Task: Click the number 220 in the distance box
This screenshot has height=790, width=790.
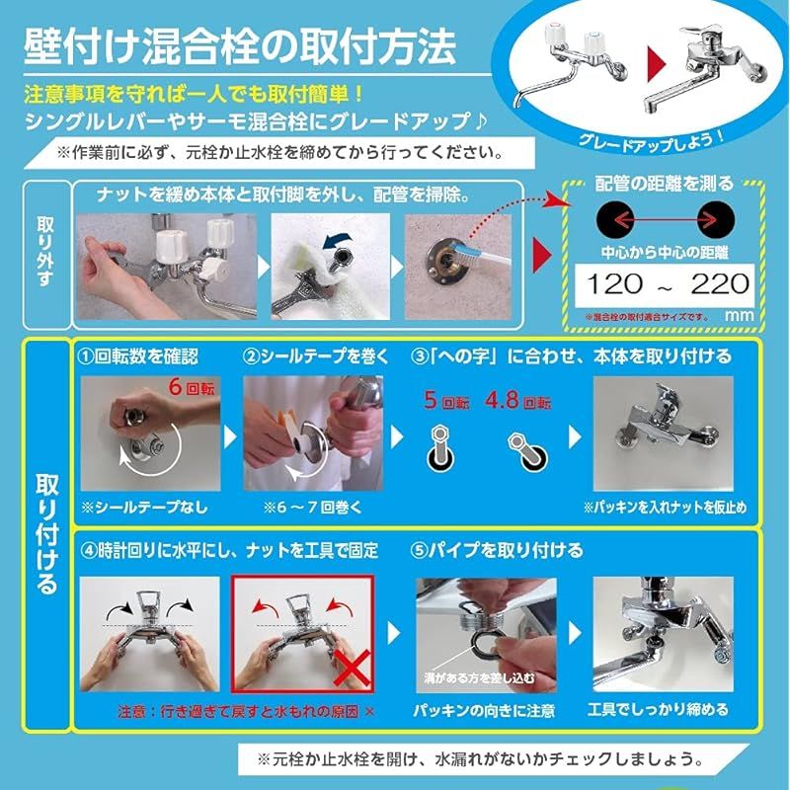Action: pyautogui.click(x=720, y=285)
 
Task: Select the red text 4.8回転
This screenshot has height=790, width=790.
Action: pyautogui.click(x=518, y=402)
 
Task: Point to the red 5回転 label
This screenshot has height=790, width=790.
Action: pyautogui.click(x=446, y=402)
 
